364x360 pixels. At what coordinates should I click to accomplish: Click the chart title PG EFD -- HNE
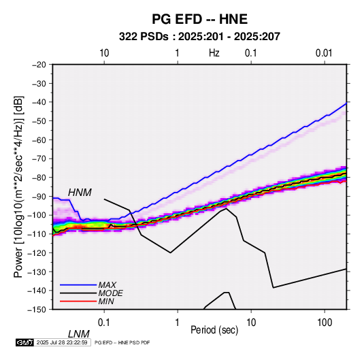point(199,19)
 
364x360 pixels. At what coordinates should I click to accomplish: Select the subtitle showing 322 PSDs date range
point(199,37)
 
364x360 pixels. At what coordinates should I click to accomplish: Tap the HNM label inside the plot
point(80,193)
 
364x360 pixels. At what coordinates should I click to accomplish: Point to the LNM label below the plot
point(79,334)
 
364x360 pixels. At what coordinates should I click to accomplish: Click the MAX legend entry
point(107,284)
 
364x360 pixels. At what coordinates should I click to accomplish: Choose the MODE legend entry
point(110,293)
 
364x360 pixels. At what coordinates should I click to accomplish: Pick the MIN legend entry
point(106,301)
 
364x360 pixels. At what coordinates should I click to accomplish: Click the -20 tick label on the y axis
point(39,65)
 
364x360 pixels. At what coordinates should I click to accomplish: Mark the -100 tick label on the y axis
point(37,215)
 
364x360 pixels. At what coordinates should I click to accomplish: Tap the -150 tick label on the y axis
point(37,310)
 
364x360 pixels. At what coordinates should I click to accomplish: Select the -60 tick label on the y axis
point(39,140)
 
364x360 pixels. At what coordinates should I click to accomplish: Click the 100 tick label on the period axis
point(325,322)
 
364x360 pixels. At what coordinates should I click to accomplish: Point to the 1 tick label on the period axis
point(178,322)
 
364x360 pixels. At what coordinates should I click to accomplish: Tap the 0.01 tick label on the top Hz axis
point(324,53)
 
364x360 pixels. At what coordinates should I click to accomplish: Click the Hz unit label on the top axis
point(214,53)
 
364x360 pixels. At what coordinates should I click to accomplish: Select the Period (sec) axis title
point(214,330)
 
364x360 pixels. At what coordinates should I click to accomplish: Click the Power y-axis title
point(18,187)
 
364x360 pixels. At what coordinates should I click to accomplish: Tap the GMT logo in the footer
point(25,342)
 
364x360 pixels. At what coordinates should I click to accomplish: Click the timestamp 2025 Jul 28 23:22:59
point(62,342)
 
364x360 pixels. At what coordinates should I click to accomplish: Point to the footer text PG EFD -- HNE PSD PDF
point(122,342)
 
